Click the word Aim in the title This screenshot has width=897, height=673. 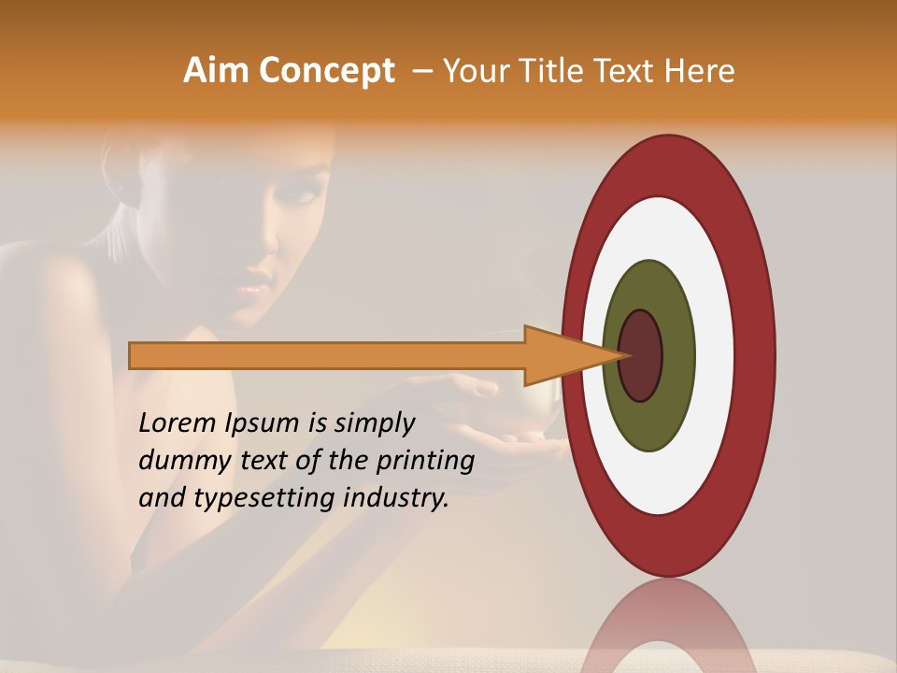coord(217,71)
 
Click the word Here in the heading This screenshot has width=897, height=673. coord(700,71)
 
